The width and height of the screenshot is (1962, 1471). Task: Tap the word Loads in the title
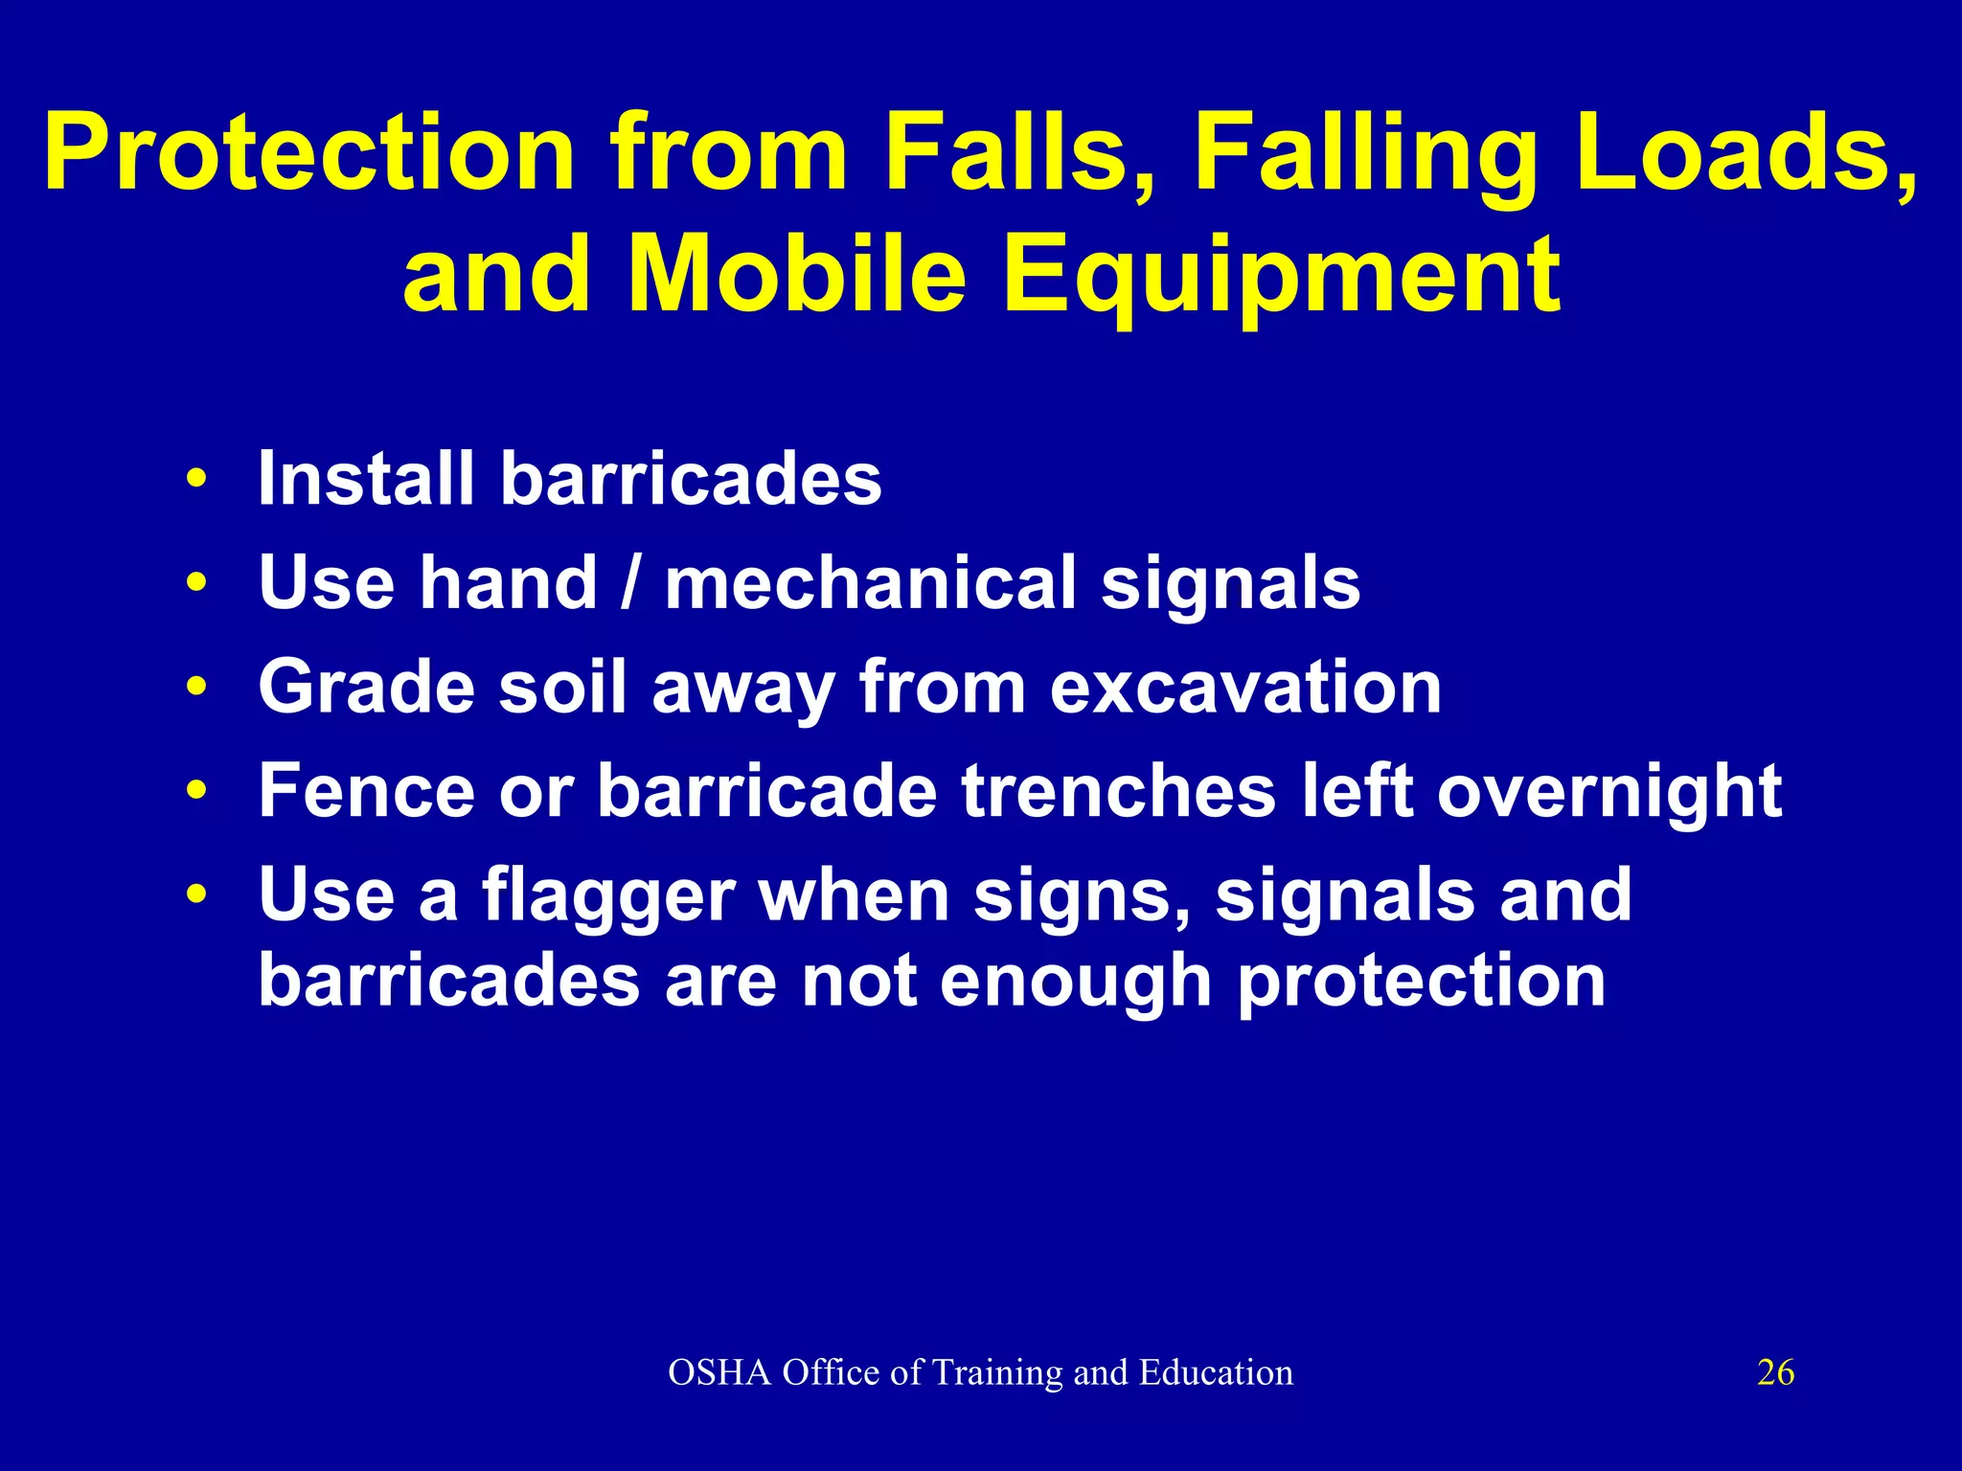point(1744,153)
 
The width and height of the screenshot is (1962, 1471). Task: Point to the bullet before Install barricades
point(197,478)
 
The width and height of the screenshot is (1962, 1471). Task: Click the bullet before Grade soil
point(197,687)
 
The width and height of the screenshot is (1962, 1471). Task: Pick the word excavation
point(1245,687)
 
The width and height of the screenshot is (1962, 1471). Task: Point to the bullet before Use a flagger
point(197,894)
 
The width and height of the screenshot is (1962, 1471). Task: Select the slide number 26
point(1775,1372)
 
